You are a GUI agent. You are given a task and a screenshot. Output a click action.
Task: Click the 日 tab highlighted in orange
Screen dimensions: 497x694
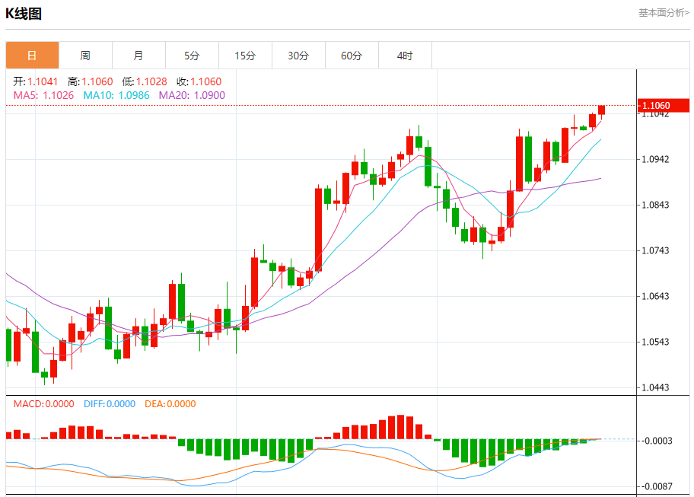click(x=32, y=56)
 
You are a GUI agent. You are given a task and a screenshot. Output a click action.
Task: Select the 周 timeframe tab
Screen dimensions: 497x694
click(x=85, y=56)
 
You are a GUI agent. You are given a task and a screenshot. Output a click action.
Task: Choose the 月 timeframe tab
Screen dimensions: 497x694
click(x=138, y=56)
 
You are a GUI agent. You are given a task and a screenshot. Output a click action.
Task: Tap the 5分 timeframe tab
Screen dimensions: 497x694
click(x=192, y=56)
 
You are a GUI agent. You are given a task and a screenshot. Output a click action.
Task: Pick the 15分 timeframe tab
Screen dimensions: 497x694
click(x=245, y=56)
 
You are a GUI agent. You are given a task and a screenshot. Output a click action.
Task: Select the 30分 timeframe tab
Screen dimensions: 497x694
click(x=298, y=56)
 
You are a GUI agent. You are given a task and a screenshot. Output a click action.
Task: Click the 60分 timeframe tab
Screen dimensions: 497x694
click(x=352, y=56)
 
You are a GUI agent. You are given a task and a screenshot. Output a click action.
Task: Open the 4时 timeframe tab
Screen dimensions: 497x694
click(x=405, y=56)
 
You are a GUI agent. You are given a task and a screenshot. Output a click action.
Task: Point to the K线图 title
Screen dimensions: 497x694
click(x=24, y=14)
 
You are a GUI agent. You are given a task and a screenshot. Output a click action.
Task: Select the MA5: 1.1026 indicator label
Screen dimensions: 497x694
click(x=43, y=95)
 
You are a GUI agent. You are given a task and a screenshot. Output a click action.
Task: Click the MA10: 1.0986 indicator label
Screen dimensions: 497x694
click(x=116, y=95)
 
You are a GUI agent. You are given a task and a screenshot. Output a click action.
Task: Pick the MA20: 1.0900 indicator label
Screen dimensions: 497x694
click(x=192, y=95)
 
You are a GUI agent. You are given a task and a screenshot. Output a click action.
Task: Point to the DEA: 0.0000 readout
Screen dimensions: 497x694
click(x=170, y=404)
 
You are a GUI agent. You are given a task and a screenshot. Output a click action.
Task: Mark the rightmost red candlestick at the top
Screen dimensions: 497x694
click(x=601, y=110)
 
